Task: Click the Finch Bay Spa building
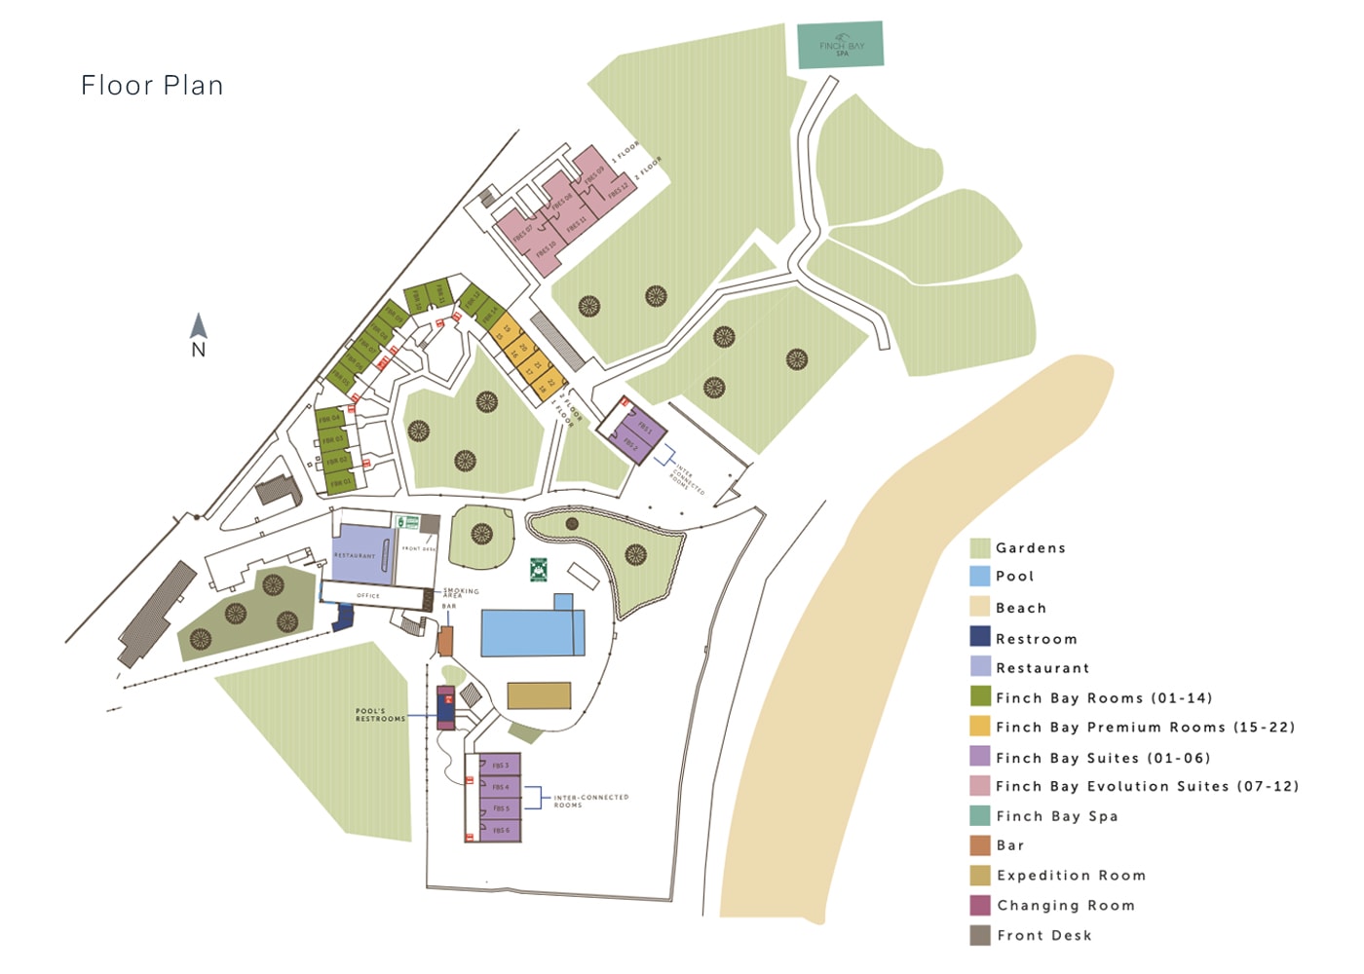pyautogui.click(x=840, y=45)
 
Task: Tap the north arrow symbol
pyautogui.click(x=199, y=327)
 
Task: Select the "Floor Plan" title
pyautogui.click(x=152, y=86)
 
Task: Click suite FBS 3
pyautogui.click(x=501, y=766)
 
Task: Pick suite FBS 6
pyautogui.click(x=501, y=831)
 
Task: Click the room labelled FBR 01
pyautogui.click(x=340, y=482)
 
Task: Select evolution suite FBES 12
pyautogui.click(x=618, y=191)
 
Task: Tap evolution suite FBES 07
pyautogui.click(x=522, y=232)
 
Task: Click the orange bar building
pyautogui.click(x=446, y=642)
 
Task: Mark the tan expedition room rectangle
pyautogui.click(x=539, y=695)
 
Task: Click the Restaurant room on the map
pyautogui.click(x=362, y=555)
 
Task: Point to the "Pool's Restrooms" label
pyautogui.click(x=380, y=715)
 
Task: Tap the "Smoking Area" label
pyautogui.click(x=461, y=592)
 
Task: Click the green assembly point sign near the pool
pyautogui.click(x=538, y=569)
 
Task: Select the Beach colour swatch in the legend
pyautogui.click(x=980, y=607)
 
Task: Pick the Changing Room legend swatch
pyautogui.click(x=980, y=905)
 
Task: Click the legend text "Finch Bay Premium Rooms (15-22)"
pyautogui.click(x=1145, y=727)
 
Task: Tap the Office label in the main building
pyautogui.click(x=368, y=595)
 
